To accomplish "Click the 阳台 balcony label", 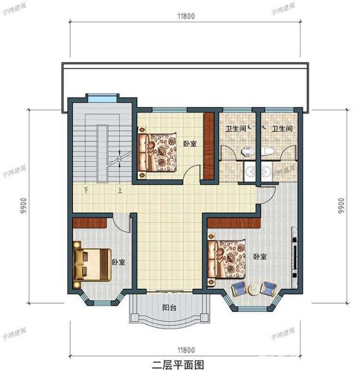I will click(169, 308).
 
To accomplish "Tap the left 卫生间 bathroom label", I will click(235, 129).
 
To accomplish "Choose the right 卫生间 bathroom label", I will click(282, 129).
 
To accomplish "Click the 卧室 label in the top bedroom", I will click(190, 144).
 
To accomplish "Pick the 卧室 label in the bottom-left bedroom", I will click(118, 262).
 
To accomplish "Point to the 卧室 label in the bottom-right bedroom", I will click(260, 256).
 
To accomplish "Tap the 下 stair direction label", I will click(86, 190).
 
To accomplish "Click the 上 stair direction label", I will click(120, 190).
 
